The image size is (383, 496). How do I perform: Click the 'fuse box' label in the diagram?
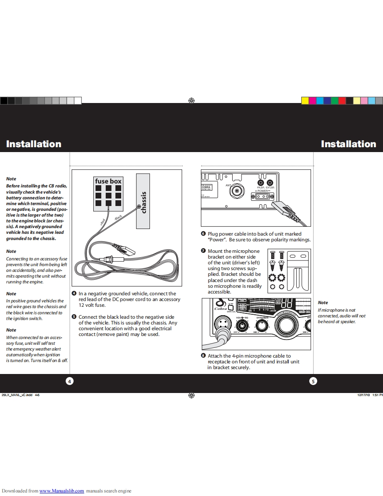(108, 181)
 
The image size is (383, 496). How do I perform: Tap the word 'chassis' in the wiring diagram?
(143, 202)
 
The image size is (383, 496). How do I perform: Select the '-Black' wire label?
(118, 217)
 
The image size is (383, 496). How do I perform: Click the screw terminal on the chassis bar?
(139, 206)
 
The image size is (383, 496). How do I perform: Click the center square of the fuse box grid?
(108, 195)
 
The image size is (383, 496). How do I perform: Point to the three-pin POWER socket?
(263, 197)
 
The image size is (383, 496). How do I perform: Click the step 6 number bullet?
(203, 234)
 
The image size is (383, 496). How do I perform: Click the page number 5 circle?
(313, 381)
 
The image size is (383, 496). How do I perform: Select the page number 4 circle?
(69, 381)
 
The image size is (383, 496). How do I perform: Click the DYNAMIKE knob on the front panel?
(263, 326)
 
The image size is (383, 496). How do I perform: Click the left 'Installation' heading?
(34, 144)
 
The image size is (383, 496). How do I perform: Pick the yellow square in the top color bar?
(305, 101)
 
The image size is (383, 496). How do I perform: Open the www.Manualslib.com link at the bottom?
(62, 491)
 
